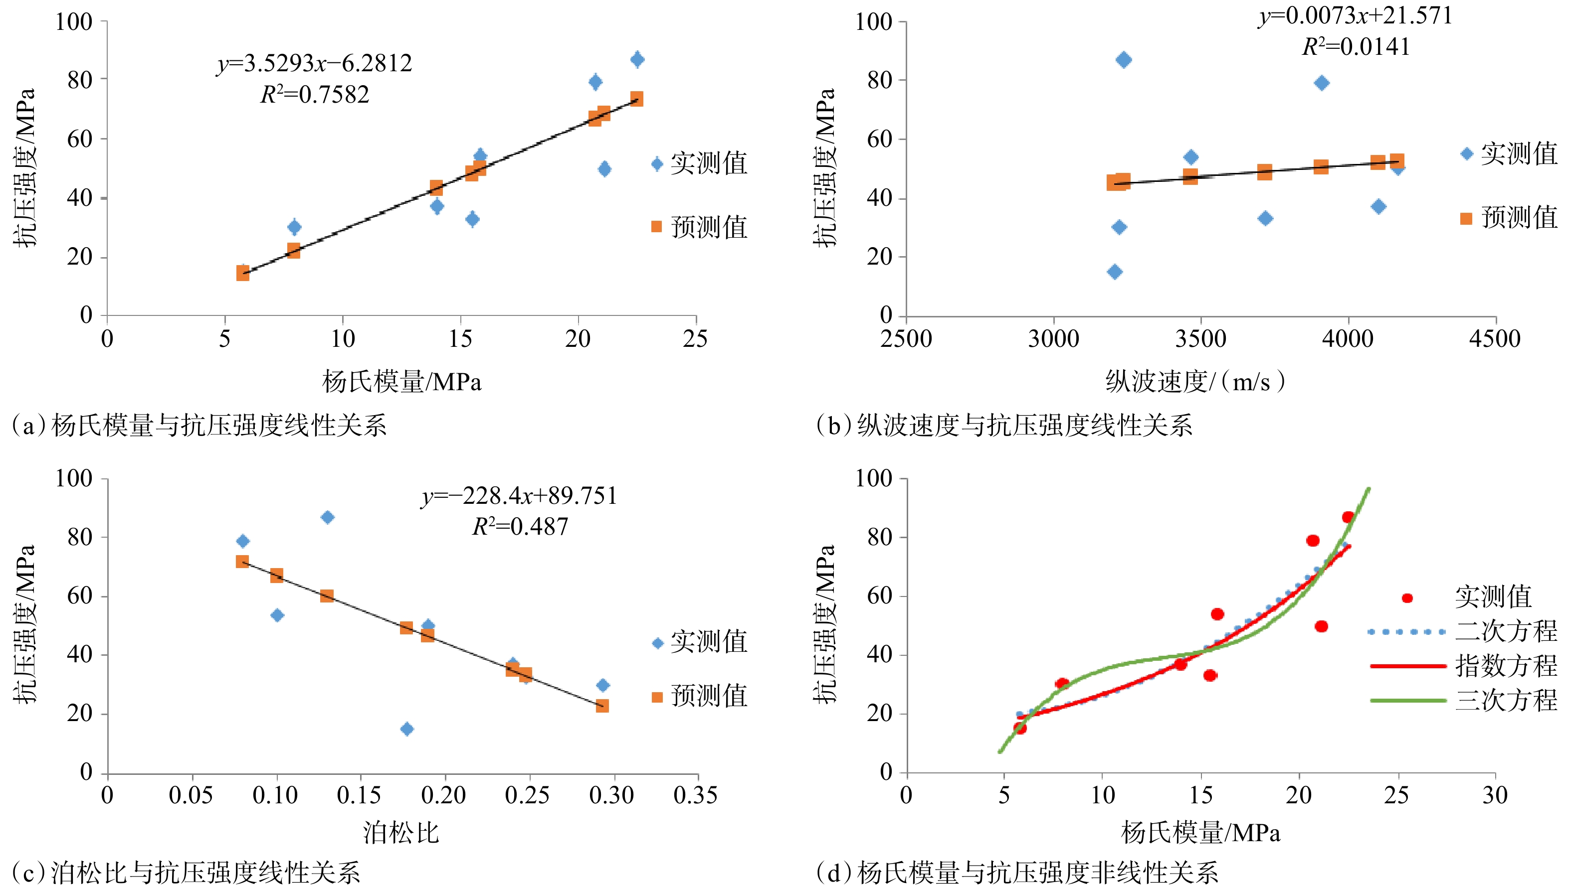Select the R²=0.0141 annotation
(1356, 46)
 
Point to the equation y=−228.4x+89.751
(519, 496)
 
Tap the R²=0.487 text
(521, 526)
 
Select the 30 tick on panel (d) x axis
(1495, 795)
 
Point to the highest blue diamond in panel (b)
(1123, 60)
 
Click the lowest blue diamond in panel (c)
(407, 729)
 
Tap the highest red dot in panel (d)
(1348, 517)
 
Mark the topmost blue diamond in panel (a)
(637, 59)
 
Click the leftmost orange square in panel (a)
(243, 273)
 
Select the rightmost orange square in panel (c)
(602, 706)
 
